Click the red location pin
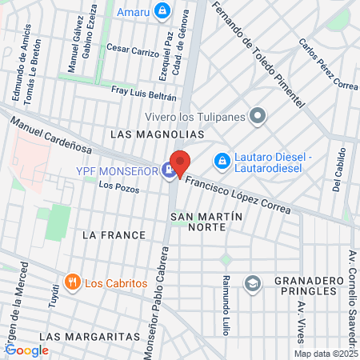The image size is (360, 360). (179, 162)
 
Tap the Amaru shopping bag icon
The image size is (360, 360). (162, 10)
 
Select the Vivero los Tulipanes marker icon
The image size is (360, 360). (258, 117)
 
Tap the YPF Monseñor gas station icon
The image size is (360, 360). (169, 170)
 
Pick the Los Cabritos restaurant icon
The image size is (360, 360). (72, 282)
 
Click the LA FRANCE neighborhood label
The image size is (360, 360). (114, 235)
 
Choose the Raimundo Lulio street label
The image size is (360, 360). (227, 302)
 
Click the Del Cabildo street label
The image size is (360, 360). (337, 170)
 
